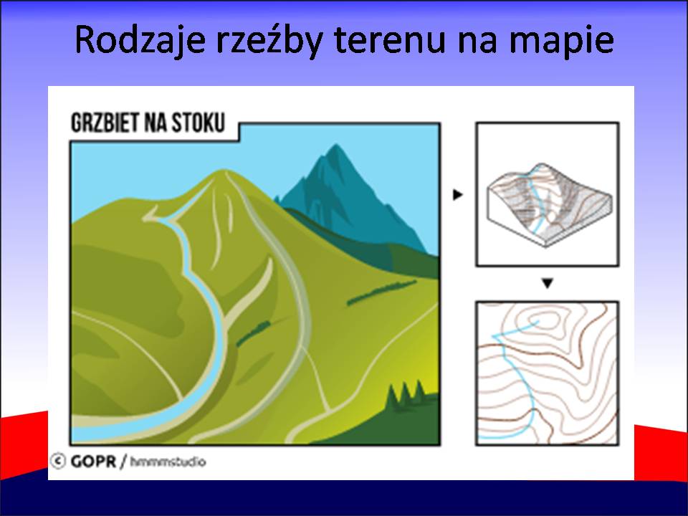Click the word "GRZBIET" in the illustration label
point(105,123)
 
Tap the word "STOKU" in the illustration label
point(198,123)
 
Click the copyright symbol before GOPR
point(57,461)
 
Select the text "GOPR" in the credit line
point(93,462)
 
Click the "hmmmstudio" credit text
point(168,462)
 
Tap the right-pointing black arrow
point(458,194)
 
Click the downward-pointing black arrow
point(547,284)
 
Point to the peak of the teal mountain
point(336,145)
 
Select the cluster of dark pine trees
point(405,394)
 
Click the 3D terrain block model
point(549,204)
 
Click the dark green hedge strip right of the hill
point(381,292)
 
